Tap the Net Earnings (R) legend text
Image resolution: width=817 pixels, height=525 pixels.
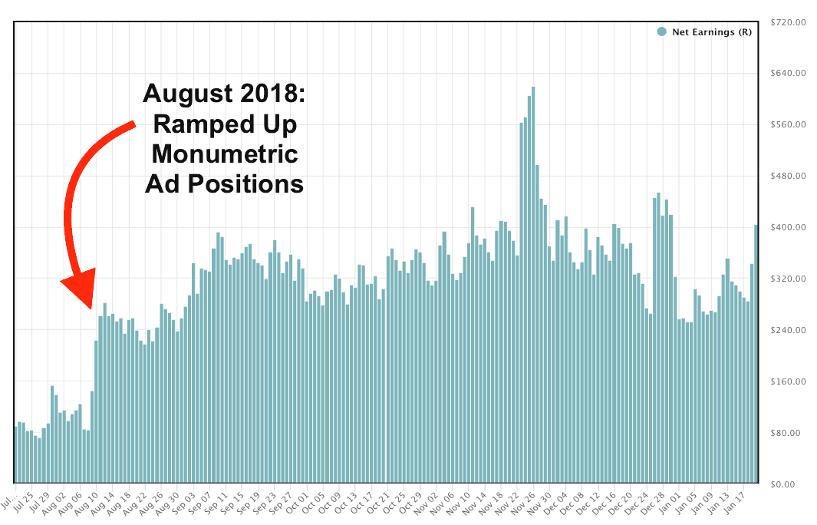click(711, 31)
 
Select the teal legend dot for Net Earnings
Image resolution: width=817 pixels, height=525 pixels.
click(661, 31)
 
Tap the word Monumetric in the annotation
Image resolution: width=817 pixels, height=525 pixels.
click(225, 154)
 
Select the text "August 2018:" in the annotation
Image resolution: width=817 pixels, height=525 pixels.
click(225, 94)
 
